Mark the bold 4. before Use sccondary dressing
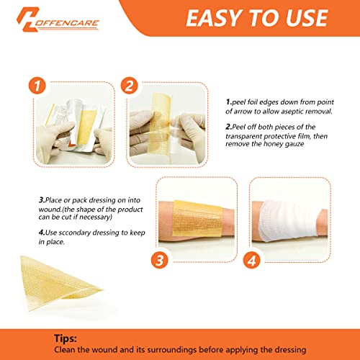point(22,232)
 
